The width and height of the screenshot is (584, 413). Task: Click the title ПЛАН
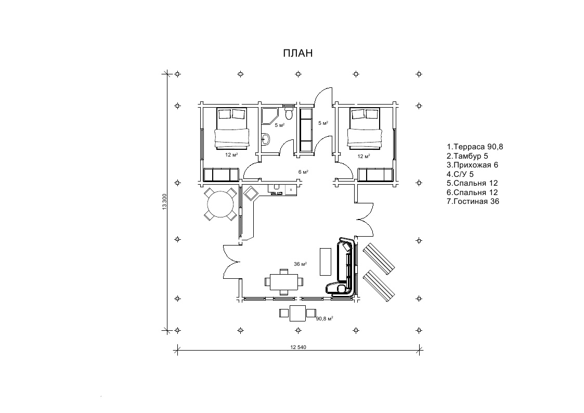(x=297, y=53)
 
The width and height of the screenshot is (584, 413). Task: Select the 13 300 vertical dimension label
(x=164, y=202)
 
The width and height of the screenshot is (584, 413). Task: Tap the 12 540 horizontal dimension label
(x=298, y=347)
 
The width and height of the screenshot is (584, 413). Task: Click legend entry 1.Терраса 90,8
(x=475, y=147)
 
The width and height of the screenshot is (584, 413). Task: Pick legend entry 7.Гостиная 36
(x=473, y=201)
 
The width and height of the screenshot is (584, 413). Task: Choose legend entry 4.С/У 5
(x=460, y=174)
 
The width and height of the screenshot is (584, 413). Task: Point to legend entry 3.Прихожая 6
(x=472, y=165)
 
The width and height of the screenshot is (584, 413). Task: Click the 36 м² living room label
(x=300, y=264)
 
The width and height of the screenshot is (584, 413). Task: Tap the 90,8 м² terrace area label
(x=325, y=319)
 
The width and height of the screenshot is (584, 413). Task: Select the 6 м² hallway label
(x=303, y=172)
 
